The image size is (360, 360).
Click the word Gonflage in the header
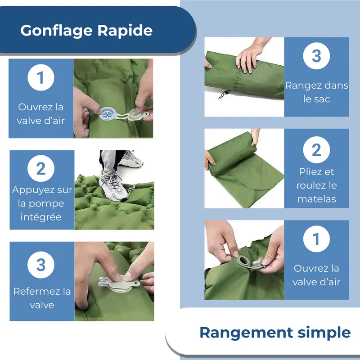[56, 31]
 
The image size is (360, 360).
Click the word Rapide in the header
[125, 30]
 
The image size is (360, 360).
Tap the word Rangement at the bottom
[246, 333]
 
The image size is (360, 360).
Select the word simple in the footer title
[324, 333]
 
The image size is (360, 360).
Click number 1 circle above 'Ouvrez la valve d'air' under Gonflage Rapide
[41, 77]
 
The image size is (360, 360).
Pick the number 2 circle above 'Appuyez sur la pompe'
[41, 168]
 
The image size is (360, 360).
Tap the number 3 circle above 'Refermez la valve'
[41, 265]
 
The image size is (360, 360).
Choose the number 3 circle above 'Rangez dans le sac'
[316, 56]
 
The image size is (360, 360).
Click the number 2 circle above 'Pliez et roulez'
[316, 150]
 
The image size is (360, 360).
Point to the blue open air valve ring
[108, 113]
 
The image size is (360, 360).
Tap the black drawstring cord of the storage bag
[224, 94]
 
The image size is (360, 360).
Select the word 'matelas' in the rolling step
[317, 199]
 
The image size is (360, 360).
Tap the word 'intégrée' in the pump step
[41, 217]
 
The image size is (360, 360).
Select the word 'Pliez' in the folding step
[307, 172]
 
